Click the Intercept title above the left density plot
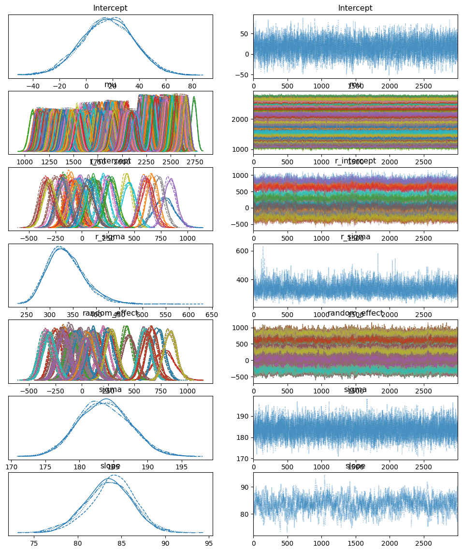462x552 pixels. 110,8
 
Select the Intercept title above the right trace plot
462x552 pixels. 356,8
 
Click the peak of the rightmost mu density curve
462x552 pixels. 194,97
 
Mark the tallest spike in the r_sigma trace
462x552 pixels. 263,247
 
